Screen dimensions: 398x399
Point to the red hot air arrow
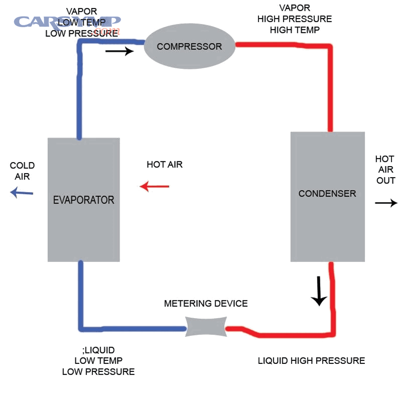coord(154,187)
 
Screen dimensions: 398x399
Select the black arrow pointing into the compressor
coord(119,51)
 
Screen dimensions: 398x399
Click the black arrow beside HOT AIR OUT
coord(386,203)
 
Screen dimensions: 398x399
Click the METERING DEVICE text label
coord(206,304)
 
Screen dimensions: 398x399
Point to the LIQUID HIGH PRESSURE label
coord(311,361)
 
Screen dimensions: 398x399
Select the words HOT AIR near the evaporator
coord(164,165)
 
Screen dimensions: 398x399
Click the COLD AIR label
coord(22,171)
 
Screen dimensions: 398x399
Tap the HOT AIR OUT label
coord(385,170)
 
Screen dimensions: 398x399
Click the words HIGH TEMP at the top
coord(294,30)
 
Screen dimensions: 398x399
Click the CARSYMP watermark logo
coord(66,22)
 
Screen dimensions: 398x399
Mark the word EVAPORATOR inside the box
coord(83,200)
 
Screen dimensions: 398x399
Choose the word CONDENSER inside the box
coord(327,194)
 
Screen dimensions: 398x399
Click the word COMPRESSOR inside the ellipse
coord(189,47)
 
